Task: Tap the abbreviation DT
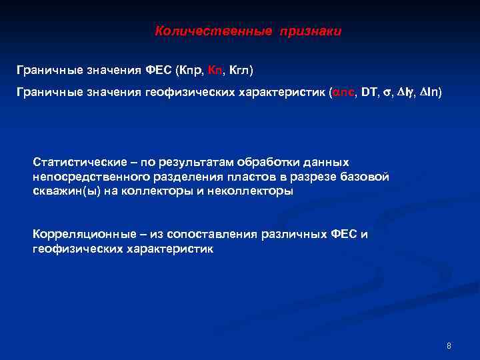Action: click(x=369, y=93)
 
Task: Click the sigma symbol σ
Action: click(x=387, y=93)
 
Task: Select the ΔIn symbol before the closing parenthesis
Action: click(x=425, y=93)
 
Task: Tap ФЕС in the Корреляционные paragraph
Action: click(x=344, y=235)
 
